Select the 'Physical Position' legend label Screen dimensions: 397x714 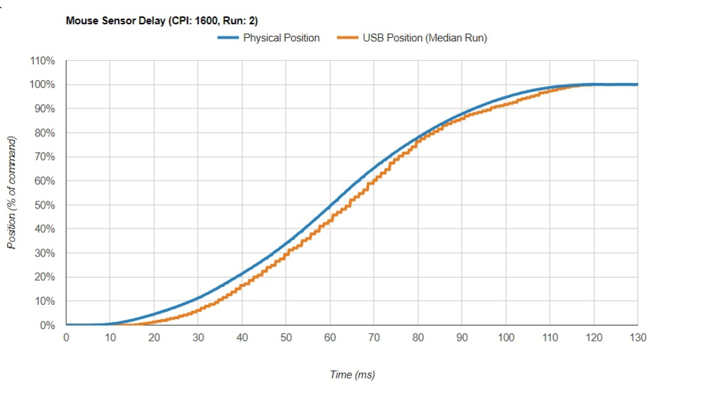pos(281,38)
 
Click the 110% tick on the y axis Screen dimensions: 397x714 pos(42,61)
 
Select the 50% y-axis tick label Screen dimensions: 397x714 pos(44,205)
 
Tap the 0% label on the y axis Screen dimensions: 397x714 pos(46,325)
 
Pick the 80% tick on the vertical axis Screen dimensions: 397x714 pos(44,133)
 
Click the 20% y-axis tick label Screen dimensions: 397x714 pos(44,277)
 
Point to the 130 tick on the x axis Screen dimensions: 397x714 pos(638,337)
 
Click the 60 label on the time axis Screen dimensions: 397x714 pos(330,337)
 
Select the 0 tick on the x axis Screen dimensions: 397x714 pos(66,337)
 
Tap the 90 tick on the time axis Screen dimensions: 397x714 pos(462,337)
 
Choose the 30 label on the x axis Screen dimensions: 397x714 pos(198,337)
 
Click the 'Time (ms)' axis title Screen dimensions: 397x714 pos(352,375)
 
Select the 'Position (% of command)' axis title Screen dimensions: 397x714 pos(12,193)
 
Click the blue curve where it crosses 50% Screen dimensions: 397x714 pos(330,206)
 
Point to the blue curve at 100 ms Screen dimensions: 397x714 pos(506,97)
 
